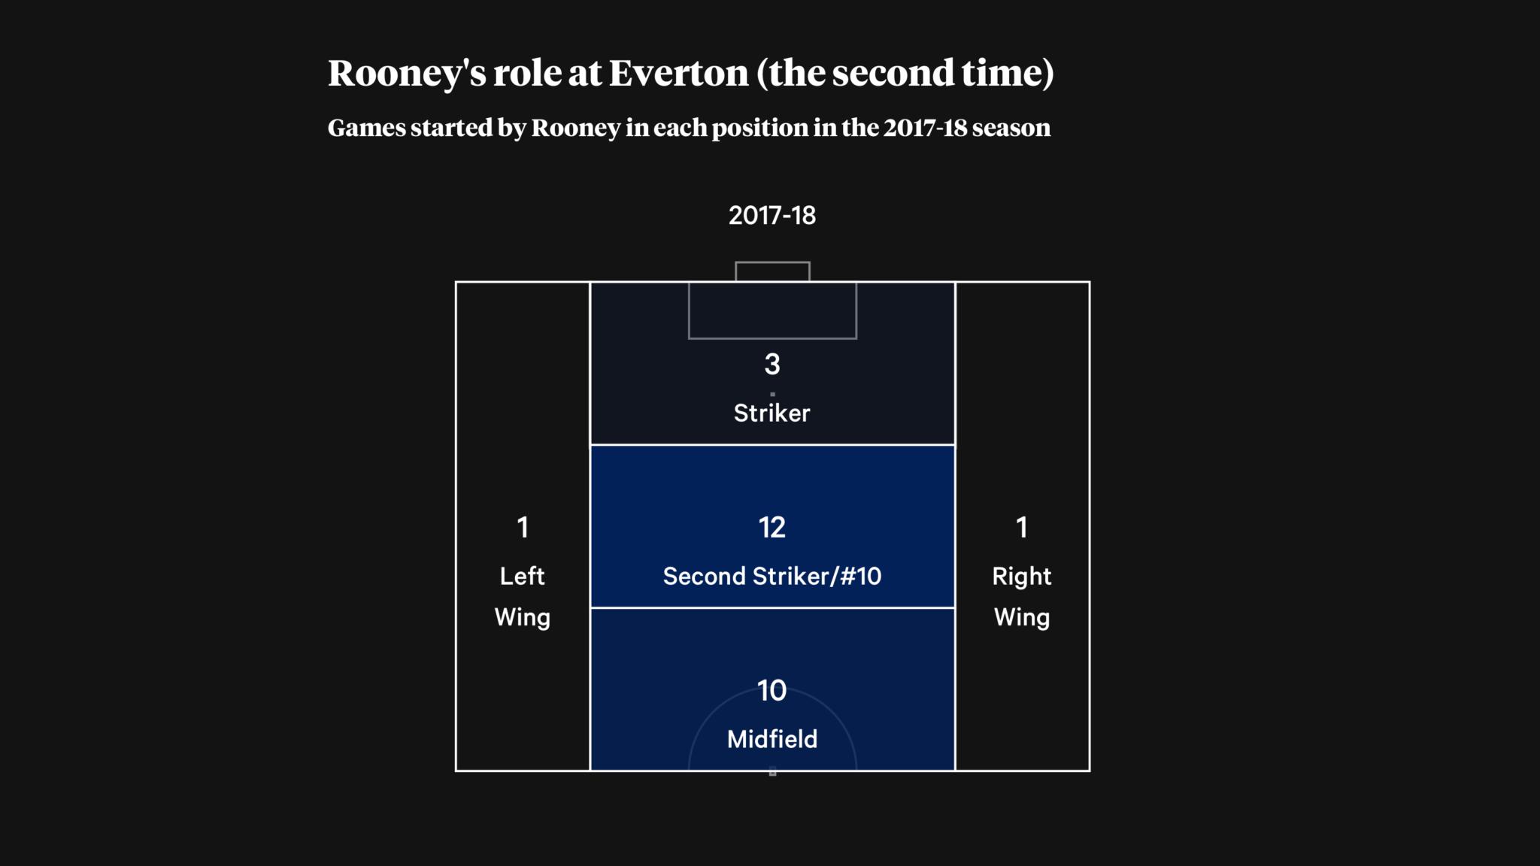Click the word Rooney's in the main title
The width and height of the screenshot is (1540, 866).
click(407, 74)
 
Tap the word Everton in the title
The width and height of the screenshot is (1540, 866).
click(678, 73)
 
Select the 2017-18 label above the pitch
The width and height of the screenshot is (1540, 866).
click(772, 216)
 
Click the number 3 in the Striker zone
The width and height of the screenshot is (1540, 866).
click(772, 365)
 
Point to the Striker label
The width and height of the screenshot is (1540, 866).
click(772, 413)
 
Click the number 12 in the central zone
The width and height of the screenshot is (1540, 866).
click(772, 528)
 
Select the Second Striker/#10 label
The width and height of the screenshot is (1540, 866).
click(772, 577)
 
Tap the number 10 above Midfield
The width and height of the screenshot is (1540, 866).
click(772, 691)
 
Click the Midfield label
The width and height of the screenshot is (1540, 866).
click(772, 739)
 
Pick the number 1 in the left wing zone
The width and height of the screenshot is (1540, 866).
click(523, 528)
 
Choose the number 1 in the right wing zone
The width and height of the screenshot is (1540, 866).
click(1022, 528)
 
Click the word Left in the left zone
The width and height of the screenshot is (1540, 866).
click(523, 576)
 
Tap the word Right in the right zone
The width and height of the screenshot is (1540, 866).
click(1022, 577)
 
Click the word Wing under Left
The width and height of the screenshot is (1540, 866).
click(523, 618)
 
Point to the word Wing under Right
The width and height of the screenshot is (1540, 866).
click(1022, 618)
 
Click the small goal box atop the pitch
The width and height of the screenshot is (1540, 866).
click(772, 262)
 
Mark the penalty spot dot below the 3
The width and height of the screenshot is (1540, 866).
click(772, 394)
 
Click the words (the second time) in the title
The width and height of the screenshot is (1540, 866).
click(905, 74)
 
